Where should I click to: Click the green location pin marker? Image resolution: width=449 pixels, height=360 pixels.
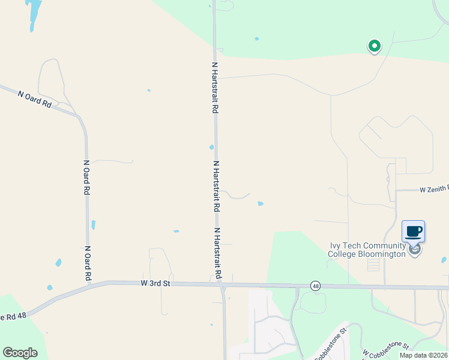click(x=375, y=46)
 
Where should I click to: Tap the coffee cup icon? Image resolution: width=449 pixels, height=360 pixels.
click(x=413, y=231)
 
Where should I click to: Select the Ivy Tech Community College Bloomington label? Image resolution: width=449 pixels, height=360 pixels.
click(x=367, y=250)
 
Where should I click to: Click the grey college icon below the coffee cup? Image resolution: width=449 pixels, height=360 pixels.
click(x=415, y=250)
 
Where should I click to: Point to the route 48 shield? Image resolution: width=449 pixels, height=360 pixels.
click(x=315, y=286)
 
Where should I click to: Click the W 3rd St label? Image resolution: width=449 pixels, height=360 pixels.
click(x=156, y=283)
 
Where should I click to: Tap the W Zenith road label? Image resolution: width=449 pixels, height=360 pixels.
click(x=434, y=189)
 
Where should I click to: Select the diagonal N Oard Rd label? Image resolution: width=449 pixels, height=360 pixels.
click(x=35, y=98)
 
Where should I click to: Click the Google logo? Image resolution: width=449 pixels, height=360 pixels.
click(x=20, y=353)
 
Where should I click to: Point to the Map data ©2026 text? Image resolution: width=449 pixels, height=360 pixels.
click(x=423, y=355)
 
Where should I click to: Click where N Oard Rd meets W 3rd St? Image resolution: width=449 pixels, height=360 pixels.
click(x=89, y=284)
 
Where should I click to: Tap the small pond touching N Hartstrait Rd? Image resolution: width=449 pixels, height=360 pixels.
click(x=211, y=147)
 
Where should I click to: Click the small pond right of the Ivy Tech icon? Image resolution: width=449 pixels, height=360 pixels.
click(x=444, y=260)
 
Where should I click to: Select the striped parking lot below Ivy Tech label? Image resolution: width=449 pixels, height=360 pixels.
click(x=373, y=265)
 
